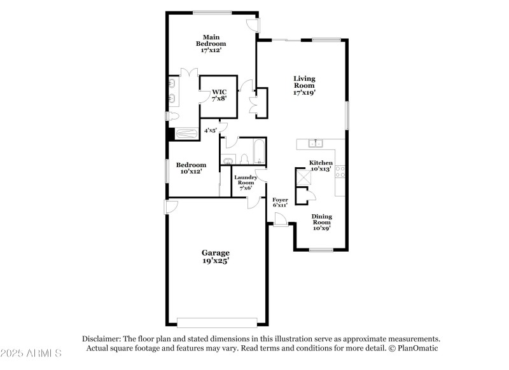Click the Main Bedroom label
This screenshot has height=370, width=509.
[x=211, y=43]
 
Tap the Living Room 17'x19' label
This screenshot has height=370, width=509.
[x=304, y=85]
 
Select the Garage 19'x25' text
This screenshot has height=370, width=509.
[x=216, y=256]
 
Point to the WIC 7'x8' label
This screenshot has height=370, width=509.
[x=219, y=95]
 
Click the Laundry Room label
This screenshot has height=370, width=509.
[x=246, y=182]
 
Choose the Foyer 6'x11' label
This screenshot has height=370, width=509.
[x=280, y=202]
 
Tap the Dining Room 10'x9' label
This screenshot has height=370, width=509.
[x=321, y=222]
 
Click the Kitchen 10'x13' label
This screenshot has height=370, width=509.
[x=321, y=166]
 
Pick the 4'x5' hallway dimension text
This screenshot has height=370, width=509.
[x=211, y=130]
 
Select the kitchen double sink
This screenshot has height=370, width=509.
[x=316, y=143]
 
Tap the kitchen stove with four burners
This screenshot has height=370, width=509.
[x=340, y=172]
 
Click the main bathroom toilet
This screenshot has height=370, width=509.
[x=174, y=116]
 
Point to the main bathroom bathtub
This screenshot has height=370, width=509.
[x=186, y=134]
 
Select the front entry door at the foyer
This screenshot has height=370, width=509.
[x=279, y=219]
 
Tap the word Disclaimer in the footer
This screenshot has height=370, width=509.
[x=102, y=339]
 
